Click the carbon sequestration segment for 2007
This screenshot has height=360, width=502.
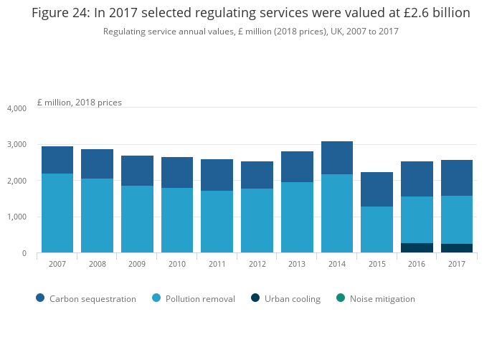(x=57, y=160)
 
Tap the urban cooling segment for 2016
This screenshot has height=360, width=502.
(x=417, y=248)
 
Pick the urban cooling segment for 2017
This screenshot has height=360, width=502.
(x=457, y=248)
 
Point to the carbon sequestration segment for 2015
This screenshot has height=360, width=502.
(x=376, y=189)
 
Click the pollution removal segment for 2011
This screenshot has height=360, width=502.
(x=217, y=222)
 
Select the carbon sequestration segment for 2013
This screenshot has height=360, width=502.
(x=297, y=166)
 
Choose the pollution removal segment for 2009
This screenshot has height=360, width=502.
(x=137, y=219)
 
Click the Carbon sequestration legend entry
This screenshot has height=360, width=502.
(x=85, y=299)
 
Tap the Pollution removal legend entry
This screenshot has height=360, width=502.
(x=193, y=299)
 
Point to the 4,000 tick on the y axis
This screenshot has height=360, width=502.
(x=16, y=108)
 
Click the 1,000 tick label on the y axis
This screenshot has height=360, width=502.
(x=16, y=217)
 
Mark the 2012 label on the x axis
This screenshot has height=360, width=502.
(x=257, y=265)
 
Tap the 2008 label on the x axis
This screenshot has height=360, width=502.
(x=97, y=265)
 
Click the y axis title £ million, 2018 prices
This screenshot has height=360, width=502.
(x=79, y=103)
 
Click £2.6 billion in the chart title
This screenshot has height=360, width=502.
(x=432, y=14)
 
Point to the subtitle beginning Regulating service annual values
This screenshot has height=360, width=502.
(x=251, y=32)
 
